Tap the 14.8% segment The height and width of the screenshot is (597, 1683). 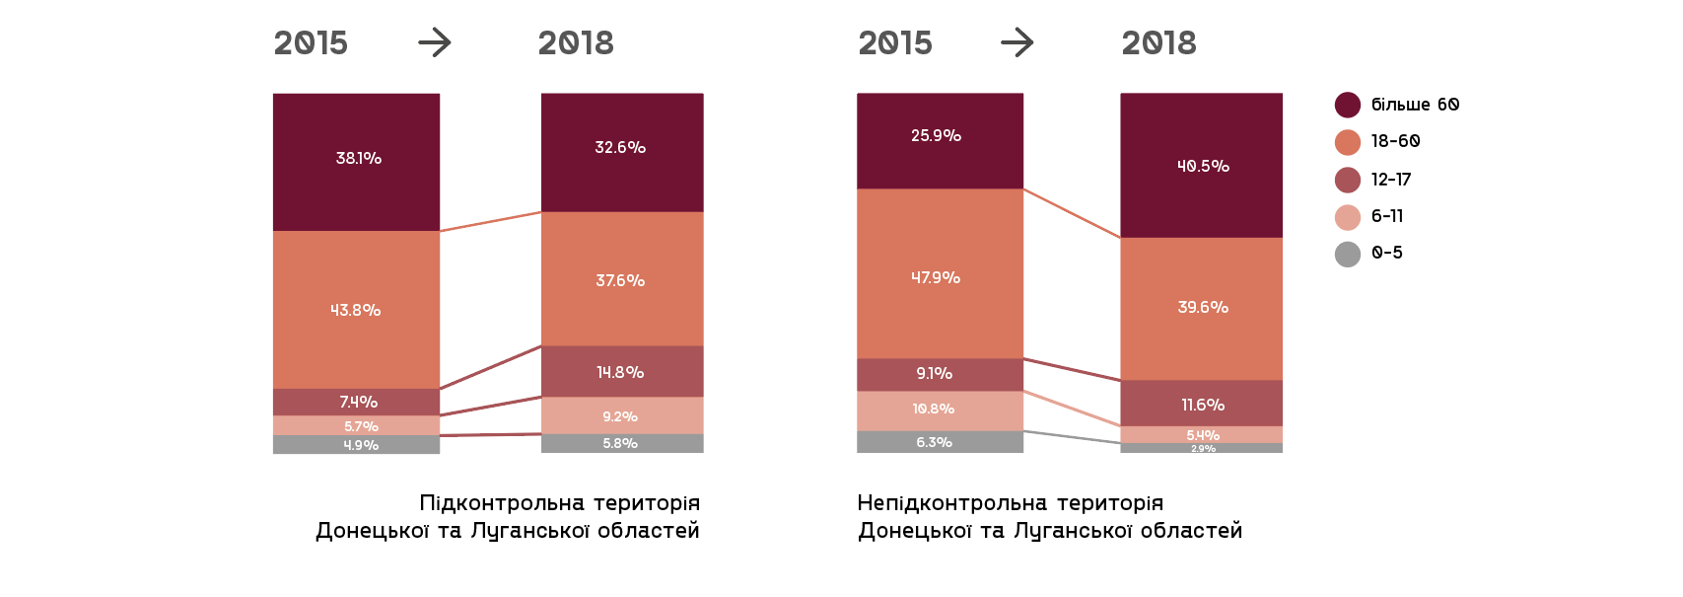click(622, 372)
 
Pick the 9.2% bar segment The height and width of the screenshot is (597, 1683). click(622, 415)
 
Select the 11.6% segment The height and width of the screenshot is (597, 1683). click(1201, 404)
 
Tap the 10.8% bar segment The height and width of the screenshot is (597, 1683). click(940, 410)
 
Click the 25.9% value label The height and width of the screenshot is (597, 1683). click(936, 136)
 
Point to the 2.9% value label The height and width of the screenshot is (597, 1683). click(1203, 449)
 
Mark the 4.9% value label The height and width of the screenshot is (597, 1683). click(361, 446)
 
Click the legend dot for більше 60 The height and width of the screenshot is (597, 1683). click(1348, 106)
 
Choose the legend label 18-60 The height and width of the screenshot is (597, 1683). click(1395, 142)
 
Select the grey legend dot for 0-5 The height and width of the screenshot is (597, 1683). click(1348, 255)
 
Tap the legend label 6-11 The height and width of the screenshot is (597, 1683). click(1387, 217)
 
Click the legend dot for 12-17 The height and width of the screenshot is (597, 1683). click(1348, 180)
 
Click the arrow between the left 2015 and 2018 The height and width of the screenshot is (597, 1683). click(434, 42)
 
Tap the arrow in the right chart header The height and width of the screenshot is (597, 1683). click(1017, 42)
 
